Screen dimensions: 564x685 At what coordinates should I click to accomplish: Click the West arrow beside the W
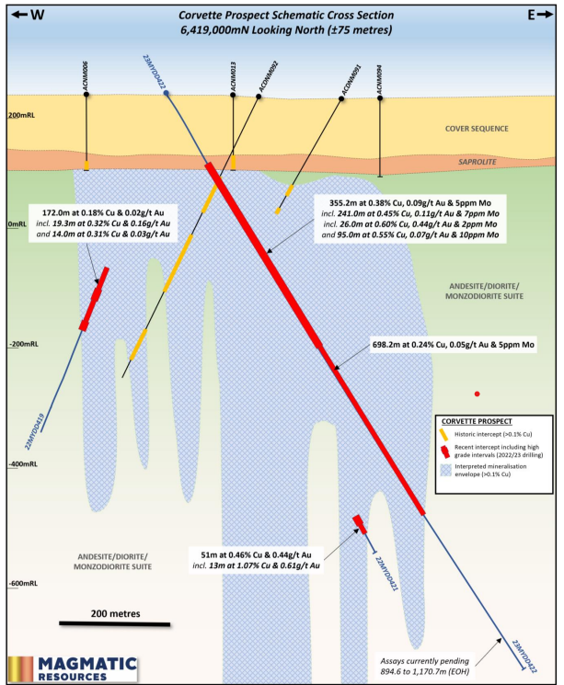tap(19, 15)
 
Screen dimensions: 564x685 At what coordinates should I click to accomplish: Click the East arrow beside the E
tap(546, 15)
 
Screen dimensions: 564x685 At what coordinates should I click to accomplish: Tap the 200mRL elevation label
tap(21, 115)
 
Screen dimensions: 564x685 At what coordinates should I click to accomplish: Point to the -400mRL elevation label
tap(23, 464)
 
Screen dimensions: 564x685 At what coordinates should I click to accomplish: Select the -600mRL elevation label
tap(23, 583)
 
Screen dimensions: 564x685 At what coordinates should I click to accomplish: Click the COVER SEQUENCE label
tap(477, 129)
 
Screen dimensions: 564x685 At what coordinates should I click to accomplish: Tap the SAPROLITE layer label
tap(477, 162)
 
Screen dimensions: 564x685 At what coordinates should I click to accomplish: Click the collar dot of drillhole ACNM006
tap(86, 94)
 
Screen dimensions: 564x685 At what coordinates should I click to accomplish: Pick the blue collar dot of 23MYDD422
tap(167, 93)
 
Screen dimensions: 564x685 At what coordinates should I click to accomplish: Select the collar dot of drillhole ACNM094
tap(380, 98)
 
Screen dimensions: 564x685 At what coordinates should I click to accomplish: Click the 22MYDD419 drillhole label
tap(34, 431)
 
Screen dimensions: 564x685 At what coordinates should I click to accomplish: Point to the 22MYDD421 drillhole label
tap(386, 574)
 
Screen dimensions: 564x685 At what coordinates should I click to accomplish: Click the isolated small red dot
tap(477, 394)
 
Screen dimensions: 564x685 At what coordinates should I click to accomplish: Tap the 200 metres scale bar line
tap(115, 623)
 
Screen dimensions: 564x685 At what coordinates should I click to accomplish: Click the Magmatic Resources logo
tap(73, 668)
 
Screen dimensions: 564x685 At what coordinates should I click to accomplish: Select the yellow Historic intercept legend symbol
tap(443, 434)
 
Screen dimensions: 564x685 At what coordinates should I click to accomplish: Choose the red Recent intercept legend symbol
tap(445, 451)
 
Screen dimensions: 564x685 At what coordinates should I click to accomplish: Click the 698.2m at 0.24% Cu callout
tap(453, 345)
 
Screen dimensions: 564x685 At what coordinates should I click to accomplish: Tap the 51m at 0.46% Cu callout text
tap(256, 560)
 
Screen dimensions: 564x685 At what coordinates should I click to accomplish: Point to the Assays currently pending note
tap(424, 667)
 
